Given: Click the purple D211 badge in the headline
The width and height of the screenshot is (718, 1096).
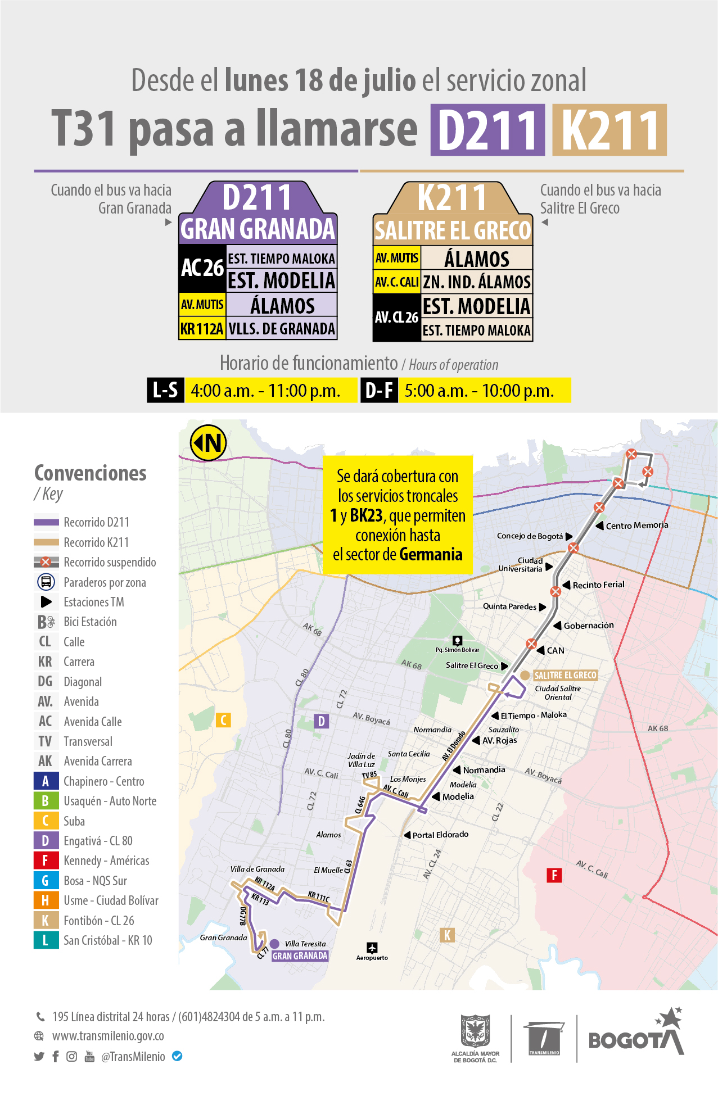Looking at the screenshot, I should tap(487, 130).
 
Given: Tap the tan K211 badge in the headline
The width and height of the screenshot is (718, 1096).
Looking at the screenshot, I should tap(609, 130).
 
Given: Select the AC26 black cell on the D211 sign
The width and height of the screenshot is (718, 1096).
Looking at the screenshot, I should tap(202, 268).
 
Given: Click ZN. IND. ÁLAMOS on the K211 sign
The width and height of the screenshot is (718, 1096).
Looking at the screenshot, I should tap(477, 282).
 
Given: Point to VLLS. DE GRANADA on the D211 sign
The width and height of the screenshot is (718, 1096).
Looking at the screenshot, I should tap(282, 329).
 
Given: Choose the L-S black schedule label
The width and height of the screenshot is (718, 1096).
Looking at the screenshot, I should tap(165, 390).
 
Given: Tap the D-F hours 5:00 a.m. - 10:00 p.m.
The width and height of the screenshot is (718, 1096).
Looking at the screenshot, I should tap(479, 390).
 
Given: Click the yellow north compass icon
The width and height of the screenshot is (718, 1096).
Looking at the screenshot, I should tap(209, 443).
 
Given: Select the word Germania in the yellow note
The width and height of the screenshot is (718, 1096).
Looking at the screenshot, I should tap(431, 554).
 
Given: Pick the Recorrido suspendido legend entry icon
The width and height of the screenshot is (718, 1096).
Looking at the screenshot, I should tap(46, 562).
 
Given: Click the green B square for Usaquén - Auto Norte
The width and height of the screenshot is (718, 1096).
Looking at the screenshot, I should tap(46, 801).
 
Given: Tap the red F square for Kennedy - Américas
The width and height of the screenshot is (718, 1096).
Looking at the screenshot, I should tap(46, 861).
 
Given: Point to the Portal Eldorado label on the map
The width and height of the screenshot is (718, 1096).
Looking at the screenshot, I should tap(440, 835).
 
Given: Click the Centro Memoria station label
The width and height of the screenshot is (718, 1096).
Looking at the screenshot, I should tap(637, 526).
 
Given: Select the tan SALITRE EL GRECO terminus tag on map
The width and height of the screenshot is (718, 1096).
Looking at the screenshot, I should tap(565, 675).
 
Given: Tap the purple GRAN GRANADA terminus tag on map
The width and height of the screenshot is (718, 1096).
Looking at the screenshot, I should tap(300, 955).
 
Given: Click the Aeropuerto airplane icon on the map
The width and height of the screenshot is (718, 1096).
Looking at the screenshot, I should tap(372, 948).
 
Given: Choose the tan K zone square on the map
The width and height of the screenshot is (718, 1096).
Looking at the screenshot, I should tap(447, 935).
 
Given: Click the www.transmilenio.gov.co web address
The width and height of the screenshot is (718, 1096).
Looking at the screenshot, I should tap(108, 1036).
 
